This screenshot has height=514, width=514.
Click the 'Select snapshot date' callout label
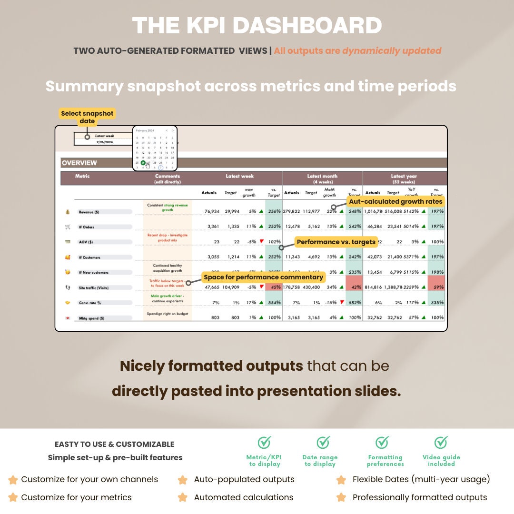point(87,117)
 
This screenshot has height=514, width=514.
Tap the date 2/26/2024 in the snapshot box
point(104,142)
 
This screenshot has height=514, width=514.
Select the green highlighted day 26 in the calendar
point(143,163)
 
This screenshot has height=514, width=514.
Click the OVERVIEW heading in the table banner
point(79,163)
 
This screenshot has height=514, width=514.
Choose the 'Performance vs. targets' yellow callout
point(336,242)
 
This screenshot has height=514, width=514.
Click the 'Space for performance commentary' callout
point(263,277)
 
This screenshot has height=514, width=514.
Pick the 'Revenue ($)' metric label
point(93,212)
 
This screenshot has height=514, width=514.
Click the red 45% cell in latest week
point(275,287)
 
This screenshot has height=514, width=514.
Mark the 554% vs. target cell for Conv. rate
point(274,303)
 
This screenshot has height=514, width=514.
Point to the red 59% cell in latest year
point(437,287)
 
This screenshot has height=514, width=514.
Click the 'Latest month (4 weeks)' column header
point(322,178)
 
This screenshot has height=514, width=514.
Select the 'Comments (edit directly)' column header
point(167,178)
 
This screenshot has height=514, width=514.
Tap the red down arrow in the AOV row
point(261,241)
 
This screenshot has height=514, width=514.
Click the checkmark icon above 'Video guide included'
point(441,442)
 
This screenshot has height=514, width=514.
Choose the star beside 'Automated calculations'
point(182,497)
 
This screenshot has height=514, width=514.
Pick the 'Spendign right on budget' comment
point(167,314)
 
